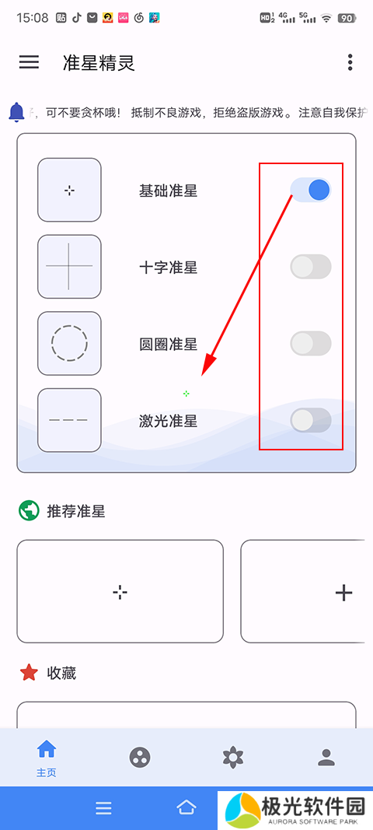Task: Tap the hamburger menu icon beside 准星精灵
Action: [x=29, y=62]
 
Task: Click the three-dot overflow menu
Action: [x=350, y=62]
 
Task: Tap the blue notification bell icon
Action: [x=17, y=111]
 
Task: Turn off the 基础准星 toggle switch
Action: [x=311, y=190]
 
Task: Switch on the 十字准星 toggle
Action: [x=311, y=267]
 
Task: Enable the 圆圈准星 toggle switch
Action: [x=311, y=344]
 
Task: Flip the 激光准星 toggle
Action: [x=311, y=421]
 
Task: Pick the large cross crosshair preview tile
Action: [x=69, y=267]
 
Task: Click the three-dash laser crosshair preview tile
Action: [x=69, y=420]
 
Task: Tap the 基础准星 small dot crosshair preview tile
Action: [x=69, y=190]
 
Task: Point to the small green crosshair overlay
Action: [x=186, y=394]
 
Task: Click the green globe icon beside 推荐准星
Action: [x=29, y=511]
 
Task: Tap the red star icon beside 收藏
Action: [x=29, y=673]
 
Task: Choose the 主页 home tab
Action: [x=46, y=758]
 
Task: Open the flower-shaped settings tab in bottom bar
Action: [x=233, y=758]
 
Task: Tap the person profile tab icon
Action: [x=326, y=758]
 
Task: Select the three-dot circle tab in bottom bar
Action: [x=140, y=758]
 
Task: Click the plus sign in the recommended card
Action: [x=344, y=592]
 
